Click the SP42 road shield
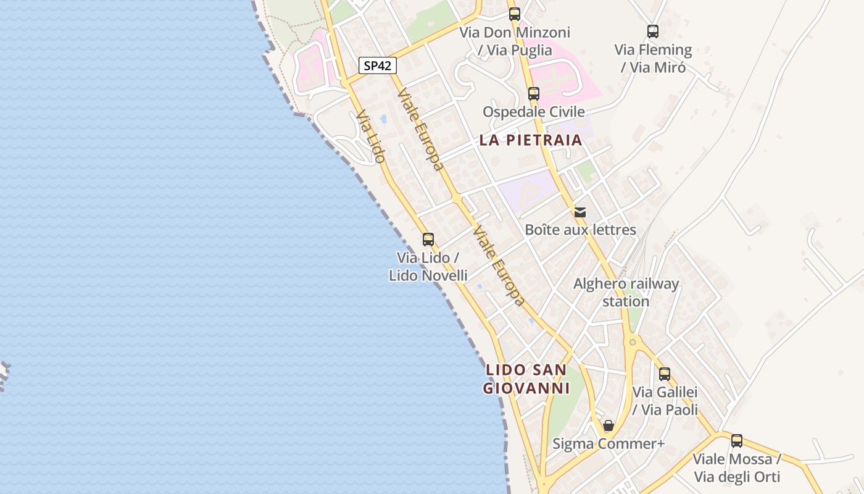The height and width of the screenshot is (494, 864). click(x=377, y=65)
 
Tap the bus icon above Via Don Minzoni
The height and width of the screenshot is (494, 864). click(x=514, y=14)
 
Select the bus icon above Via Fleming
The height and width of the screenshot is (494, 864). click(x=652, y=31)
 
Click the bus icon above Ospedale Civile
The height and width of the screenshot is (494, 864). click(x=533, y=94)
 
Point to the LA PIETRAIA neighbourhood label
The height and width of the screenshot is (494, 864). click(x=531, y=140)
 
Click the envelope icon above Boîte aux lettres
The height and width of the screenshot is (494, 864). click(x=580, y=212)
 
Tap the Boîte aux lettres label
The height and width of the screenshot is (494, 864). click(x=580, y=230)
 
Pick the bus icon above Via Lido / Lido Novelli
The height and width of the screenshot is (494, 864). click(x=428, y=240)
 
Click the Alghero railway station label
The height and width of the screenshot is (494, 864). click(x=626, y=293)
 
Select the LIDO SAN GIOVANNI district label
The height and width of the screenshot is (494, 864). click(x=526, y=379)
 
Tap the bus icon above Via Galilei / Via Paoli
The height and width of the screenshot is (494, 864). click(x=664, y=374)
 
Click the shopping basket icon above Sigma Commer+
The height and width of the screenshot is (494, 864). click(x=609, y=425)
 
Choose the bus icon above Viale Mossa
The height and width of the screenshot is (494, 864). click(x=736, y=441)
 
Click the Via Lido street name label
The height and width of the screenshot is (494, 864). click(x=371, y=136)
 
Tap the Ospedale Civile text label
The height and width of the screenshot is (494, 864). click(x=533, y=112)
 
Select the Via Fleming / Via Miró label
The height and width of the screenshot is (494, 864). click(x=653, y=58)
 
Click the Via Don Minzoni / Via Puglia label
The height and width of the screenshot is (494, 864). click(x=515, y=40)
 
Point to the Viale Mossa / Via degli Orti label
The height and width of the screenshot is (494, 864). click(x=736, y=468)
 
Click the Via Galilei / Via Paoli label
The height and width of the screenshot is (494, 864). click(x=665, y=401)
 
